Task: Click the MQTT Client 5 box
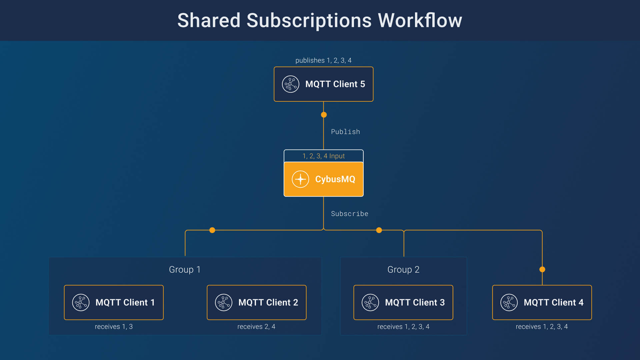tap(323, 84)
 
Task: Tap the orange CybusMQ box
tap(323, 179)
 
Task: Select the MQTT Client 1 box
tap(114, 302)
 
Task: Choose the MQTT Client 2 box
tap(256, 302)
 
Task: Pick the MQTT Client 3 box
tap(403, 302)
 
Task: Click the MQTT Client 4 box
tap(542, 302)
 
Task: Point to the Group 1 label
tap(185, 269)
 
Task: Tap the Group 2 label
tap(403, 269)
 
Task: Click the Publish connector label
tap(345, 132)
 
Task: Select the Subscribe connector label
tap(349, 214)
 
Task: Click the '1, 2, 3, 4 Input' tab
tap(323, 156)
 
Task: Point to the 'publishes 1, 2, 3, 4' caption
tap(323, 60)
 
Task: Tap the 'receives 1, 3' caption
tap(114, 327)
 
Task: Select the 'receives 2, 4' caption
tap(256, 327)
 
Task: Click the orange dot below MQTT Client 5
tap(324, 115)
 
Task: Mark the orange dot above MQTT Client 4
tap(542, 269)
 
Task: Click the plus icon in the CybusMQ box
tap(300, 179)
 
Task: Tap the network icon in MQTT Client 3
tap(370, 302)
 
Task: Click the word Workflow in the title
tap(420, 20)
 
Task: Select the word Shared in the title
tap(209, 20)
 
